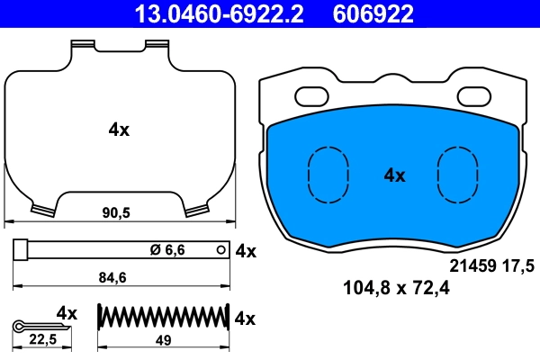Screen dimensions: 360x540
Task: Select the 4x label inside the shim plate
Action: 119,130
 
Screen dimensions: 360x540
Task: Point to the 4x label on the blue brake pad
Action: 394,175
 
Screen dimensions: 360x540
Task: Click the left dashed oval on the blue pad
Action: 328,174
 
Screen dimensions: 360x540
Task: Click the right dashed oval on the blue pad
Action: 458,174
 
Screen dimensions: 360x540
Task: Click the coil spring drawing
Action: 162,318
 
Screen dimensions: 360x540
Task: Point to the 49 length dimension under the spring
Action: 163,341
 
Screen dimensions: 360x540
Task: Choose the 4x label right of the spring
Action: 246,319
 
